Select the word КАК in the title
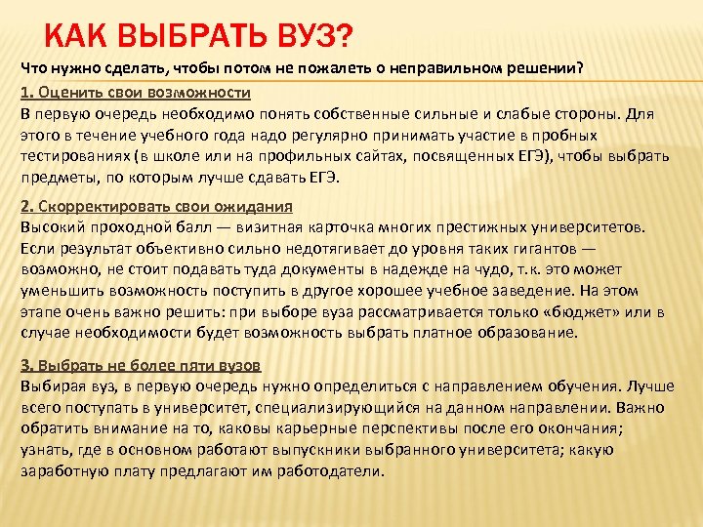(78, 36)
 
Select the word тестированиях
(77, 157)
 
